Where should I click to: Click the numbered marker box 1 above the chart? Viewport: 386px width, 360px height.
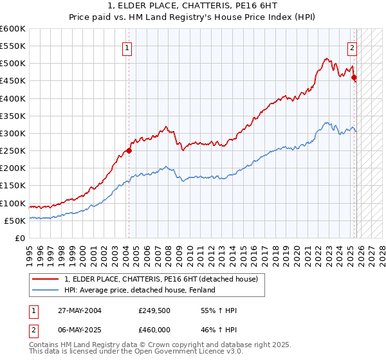click(127, 48)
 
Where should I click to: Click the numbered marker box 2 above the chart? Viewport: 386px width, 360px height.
click(353, 47)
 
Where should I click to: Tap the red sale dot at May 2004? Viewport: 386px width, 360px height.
click(129, 151)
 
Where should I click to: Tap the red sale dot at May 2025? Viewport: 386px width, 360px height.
click(354, 77)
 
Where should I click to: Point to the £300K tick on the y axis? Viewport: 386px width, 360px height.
click(13, 133)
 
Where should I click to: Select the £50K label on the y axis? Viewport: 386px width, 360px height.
click(15, 221)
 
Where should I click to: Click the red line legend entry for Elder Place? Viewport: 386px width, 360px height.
click(161, 279)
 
